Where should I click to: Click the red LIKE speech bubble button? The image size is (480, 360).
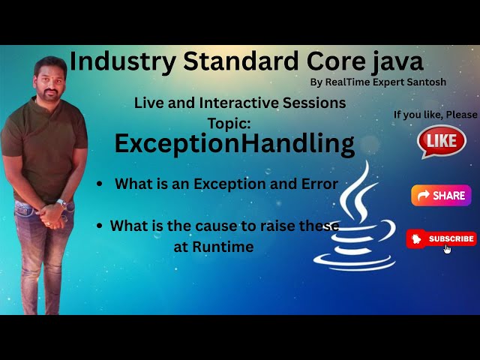(441, 141)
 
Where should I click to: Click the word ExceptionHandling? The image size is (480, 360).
(234, 143)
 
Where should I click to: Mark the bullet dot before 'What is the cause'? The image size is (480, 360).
(100, 225)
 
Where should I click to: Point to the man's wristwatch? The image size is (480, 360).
(61, 203)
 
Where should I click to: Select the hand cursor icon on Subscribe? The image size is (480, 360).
(448, 248)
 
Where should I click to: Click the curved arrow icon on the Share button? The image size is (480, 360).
(423, 196)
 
